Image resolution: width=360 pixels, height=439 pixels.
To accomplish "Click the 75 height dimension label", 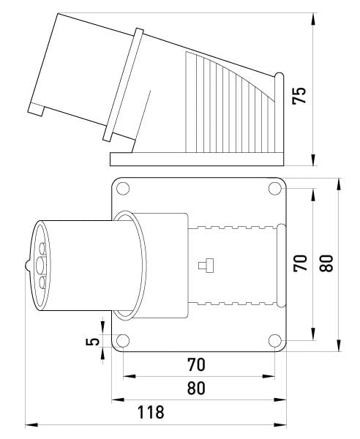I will tap(299, 96).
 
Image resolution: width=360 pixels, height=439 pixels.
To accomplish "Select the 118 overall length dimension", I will tap(151, 413).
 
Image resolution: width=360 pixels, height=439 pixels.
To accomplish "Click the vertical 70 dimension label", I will tap(300, 263).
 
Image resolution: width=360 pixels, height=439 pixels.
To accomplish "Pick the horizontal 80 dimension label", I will tap(195, 388).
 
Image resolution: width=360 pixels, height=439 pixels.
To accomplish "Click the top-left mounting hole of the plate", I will tap(123, 189).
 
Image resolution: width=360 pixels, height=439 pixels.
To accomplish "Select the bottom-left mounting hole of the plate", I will tap(123, 339).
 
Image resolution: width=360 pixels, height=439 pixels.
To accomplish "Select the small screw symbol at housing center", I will tap(206, 265).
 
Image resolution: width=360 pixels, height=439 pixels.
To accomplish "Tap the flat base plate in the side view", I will tap(198, 159).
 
